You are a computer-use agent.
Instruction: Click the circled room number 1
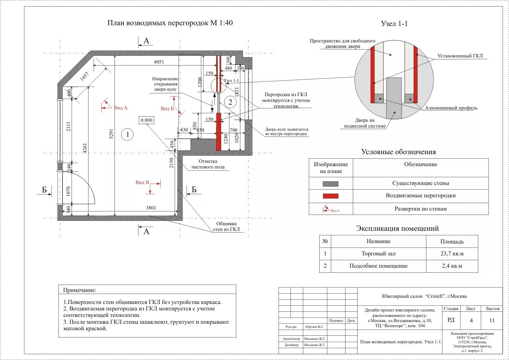[x=128, y=134]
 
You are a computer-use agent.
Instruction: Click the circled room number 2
[x=230, y=102]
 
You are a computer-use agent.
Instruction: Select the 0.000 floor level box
[x=147, y=120]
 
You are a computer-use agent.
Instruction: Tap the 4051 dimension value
[x=159, y=62]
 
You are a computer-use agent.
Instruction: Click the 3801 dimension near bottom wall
[x=151, y=208]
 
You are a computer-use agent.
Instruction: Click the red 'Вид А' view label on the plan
[x=120, y=108]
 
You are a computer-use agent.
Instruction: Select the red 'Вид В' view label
[x=142, y=182]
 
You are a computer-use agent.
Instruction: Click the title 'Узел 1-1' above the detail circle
[x=394, y=24]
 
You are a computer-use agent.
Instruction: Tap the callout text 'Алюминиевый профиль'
[x=451, y=108]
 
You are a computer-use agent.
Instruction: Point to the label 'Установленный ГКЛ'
[x=460, y=56]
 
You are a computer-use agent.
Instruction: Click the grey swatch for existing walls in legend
[x=331, y=184]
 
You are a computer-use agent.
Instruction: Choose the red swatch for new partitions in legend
[x=331, y=196]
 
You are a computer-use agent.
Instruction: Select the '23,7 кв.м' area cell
[x=452, y=254]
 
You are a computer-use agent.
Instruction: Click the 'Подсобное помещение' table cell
[x=378, y=266]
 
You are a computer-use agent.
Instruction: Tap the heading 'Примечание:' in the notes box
[x=80, y=290]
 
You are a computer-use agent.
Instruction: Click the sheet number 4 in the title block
[x=471, y=320]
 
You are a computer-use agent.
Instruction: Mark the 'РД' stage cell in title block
[x=451, y=320]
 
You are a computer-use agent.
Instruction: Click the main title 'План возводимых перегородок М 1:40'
[x=170, y=23]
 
